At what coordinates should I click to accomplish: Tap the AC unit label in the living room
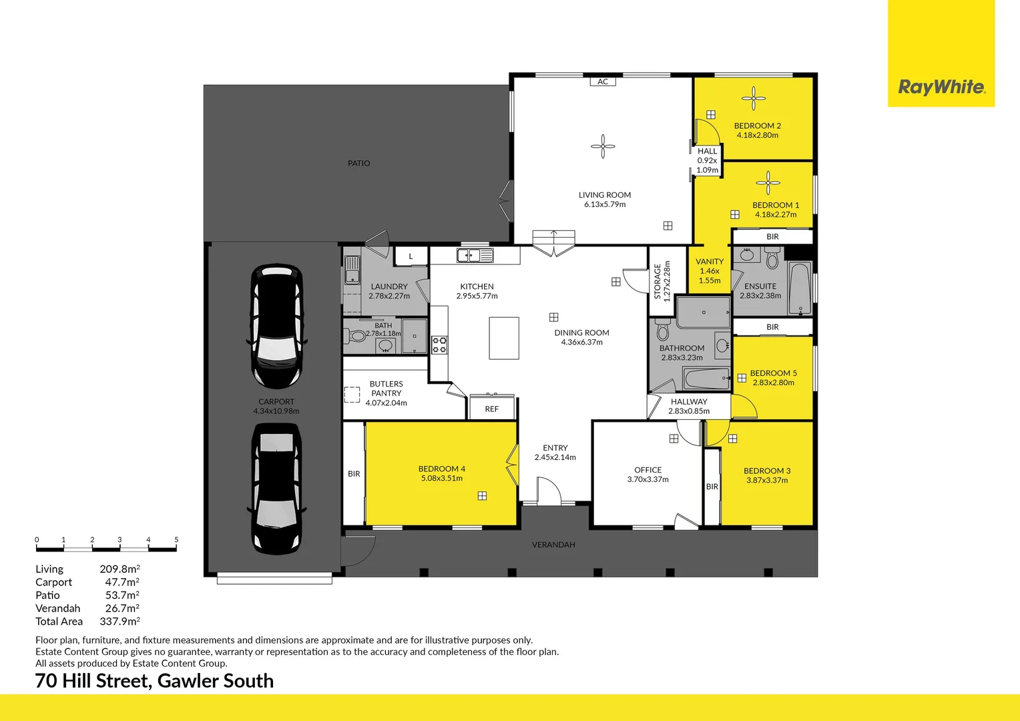tap(602, 81)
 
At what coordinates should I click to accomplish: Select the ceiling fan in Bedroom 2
tap(753, 98)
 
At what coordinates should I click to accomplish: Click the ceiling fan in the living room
tap(603, 146)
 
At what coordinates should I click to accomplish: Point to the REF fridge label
tap(492, 409)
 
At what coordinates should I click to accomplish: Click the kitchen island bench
tap(504, 338)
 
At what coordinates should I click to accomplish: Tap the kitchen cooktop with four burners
tap(439, 344)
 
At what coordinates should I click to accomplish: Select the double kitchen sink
tap(475, 256)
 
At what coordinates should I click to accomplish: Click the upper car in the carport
tap(277, 326)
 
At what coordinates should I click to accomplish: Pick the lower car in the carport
tap(277, 489)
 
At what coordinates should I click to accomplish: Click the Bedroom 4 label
tap(442, 469)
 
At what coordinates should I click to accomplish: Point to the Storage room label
tap(657, 282)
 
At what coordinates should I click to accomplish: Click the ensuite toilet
tap(772, 258)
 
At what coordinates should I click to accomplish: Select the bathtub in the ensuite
tap(800, 289)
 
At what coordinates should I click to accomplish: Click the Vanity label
tap(710, 262)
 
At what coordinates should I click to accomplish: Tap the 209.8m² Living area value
tap(119, 569)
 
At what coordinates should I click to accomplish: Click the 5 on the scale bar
tap(176, 539)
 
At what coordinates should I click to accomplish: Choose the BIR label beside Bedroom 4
tap(354, 474)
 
